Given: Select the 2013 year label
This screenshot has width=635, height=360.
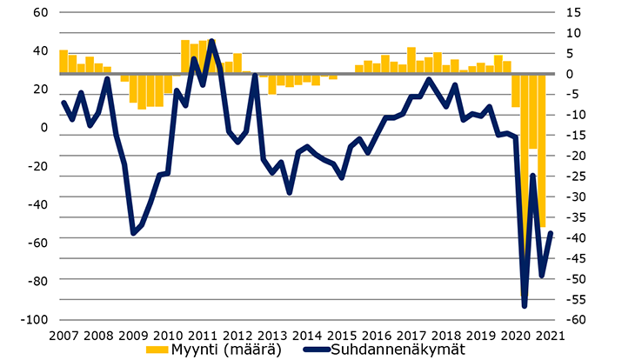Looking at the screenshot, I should point(272,335).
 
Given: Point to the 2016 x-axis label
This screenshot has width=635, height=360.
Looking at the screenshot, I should point(377,335).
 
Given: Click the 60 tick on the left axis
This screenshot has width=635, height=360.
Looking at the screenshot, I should point(41,13).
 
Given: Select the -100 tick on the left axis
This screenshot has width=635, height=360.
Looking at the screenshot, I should point(35,319).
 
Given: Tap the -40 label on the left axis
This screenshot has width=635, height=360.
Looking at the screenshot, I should point(37,204).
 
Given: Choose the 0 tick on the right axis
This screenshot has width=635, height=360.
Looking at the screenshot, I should point(570,74).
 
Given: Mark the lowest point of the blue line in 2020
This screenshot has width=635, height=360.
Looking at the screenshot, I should point(525,305).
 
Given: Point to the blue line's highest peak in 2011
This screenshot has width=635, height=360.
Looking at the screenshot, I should point(212,41).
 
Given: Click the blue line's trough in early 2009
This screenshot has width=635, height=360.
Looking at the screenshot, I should point(133,233).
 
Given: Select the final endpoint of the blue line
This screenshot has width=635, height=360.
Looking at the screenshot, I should point(551,233).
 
